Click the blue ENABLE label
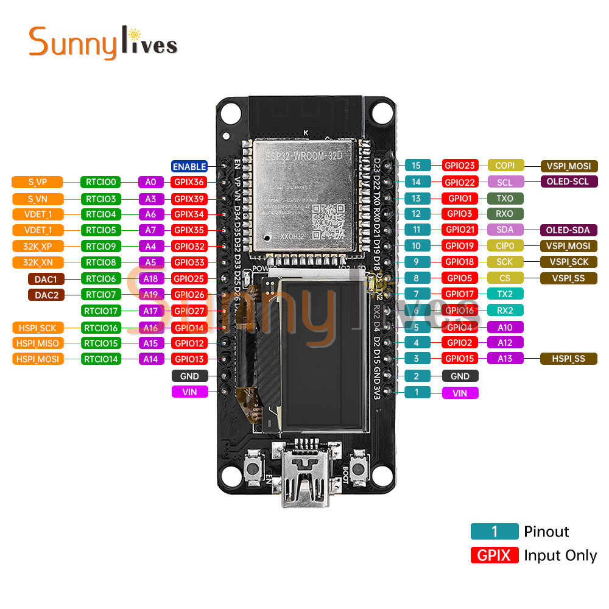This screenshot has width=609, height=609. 189,166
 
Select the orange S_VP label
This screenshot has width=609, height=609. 38,181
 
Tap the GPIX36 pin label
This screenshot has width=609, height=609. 189,181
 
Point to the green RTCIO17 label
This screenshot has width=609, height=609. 101,311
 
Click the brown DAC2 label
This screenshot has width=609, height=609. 46,295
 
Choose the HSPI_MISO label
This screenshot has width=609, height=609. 38,343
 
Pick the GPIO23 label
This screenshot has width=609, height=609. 460,165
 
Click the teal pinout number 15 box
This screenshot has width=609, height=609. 417,165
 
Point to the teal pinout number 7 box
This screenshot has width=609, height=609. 417,294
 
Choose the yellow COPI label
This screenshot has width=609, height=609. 505,165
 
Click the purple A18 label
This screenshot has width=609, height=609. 150,278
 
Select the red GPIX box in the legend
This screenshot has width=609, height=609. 494,555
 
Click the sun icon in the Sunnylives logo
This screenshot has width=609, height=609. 136,31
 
